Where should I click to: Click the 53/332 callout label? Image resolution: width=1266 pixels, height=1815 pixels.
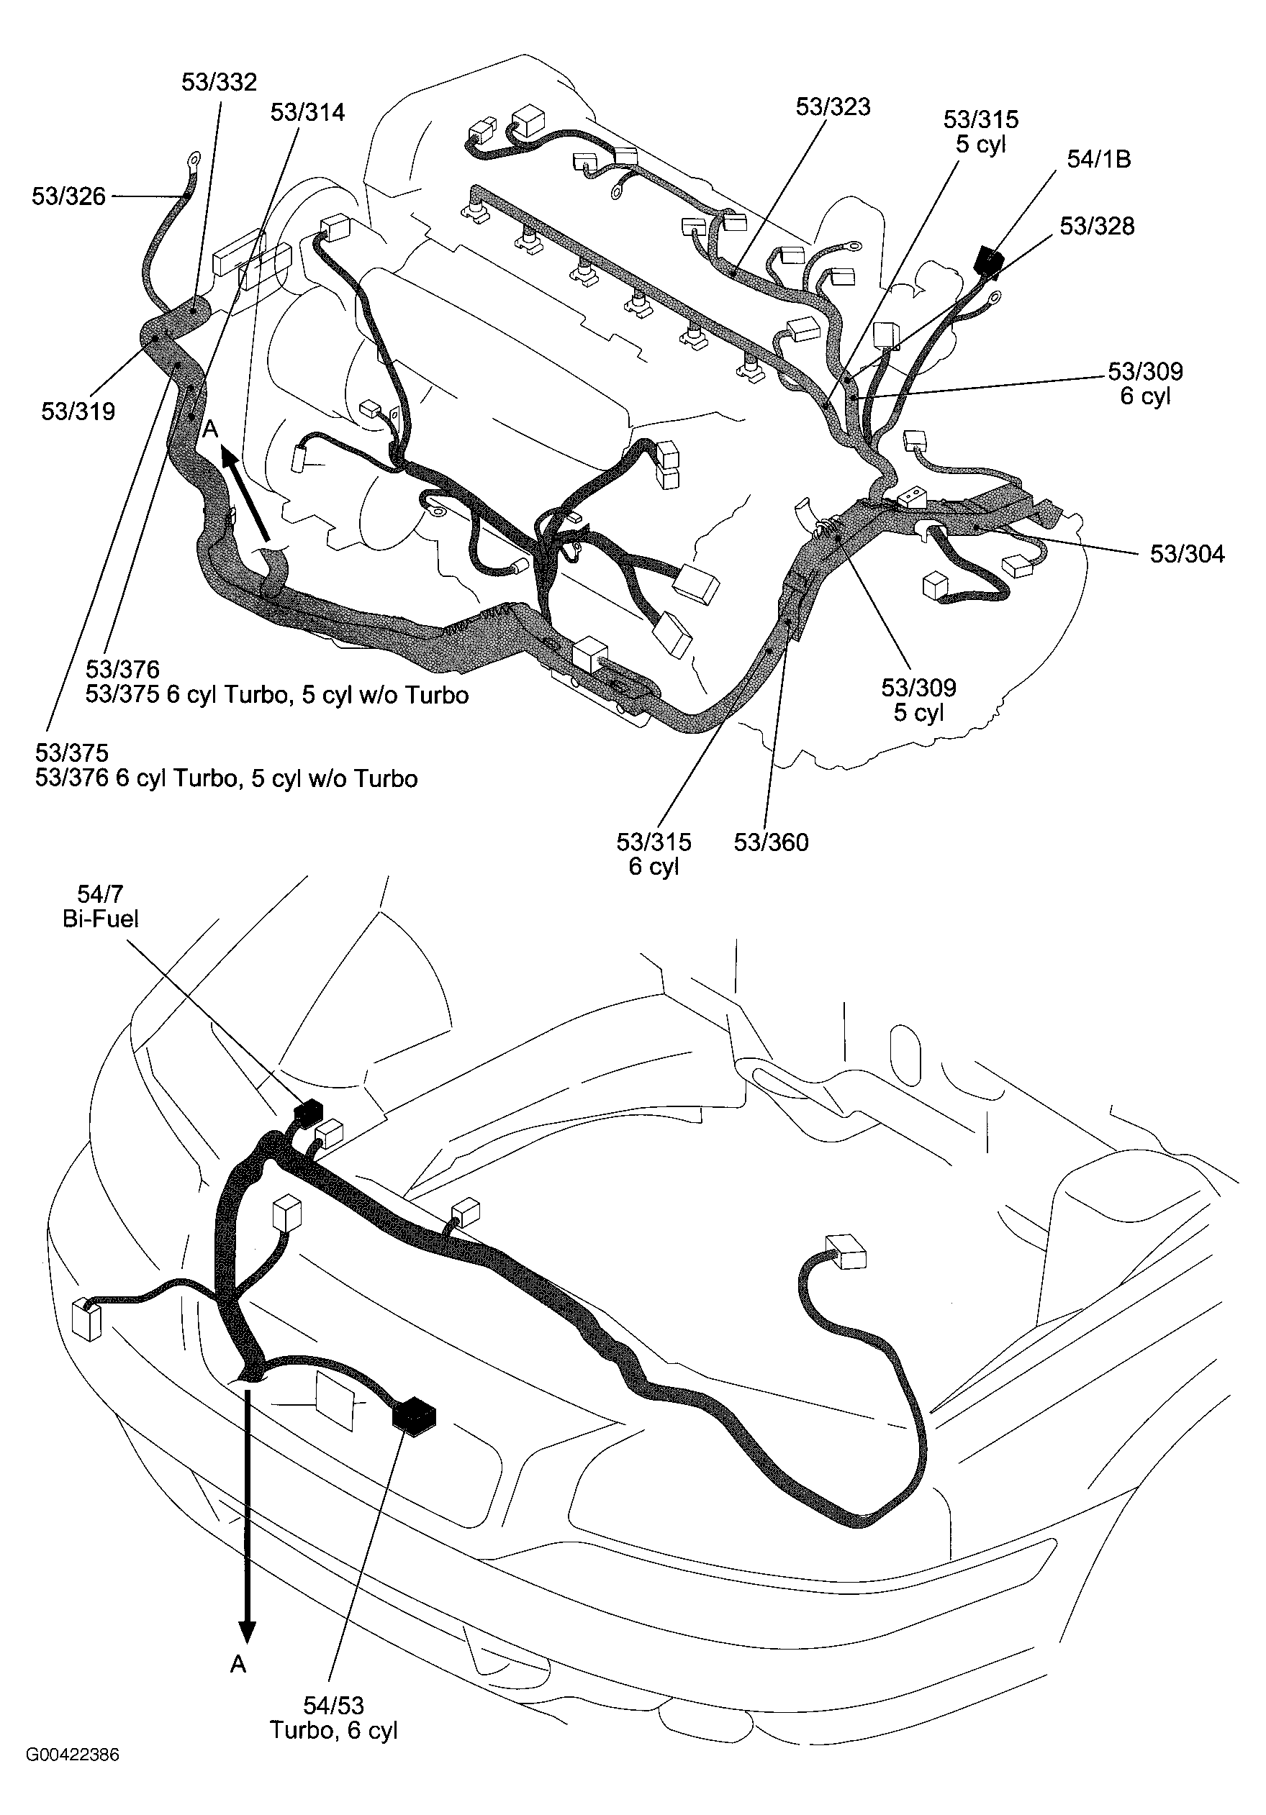click(x=219, y=82)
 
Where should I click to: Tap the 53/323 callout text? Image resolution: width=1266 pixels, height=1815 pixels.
click(x=833, y=106)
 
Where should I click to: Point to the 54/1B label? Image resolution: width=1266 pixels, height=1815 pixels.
click(x=1098, y=159)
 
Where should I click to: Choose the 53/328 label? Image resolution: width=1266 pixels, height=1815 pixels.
click(x=1096, y=226)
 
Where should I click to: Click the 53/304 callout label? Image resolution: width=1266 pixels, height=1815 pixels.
click(x=1186, y=554)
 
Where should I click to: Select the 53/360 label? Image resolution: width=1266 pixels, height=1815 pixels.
click(x=770, y=842)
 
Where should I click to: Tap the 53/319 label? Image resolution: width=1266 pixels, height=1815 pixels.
click(x=78, y=411)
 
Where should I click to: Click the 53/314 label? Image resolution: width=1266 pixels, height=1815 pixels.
click(x=307, y=112)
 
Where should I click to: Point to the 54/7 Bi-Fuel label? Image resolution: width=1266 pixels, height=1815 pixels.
click(x=101, y=906)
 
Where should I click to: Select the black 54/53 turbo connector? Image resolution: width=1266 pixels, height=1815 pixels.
click(x=415, y=1415)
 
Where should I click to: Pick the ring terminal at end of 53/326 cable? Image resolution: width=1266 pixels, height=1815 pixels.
click(x=191, y=162)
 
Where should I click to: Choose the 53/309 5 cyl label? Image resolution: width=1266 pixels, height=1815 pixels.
click(x=918, y=699)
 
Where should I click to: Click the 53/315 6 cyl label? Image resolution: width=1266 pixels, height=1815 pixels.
click(x=654, y=854)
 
